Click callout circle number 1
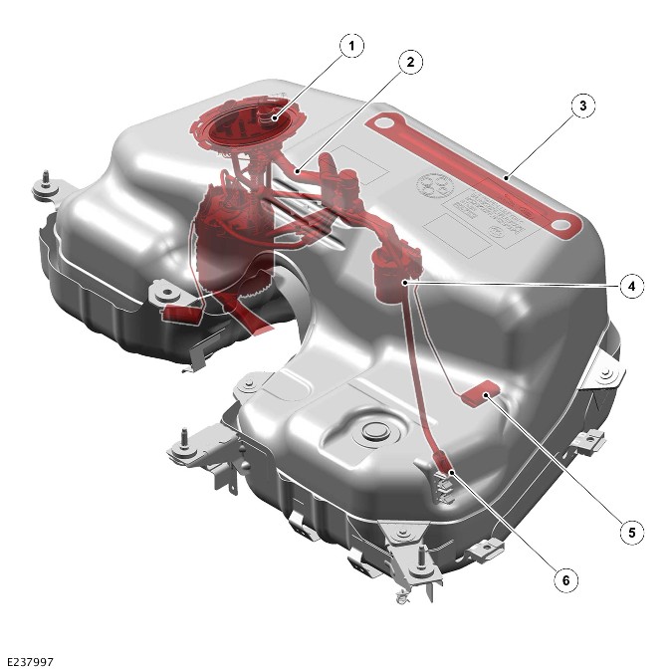(x=349, y=45)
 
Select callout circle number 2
(x=408, y=61)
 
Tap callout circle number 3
(x=583, y=105)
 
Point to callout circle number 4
(x=629, y=286)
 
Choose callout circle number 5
(x=629, y=532)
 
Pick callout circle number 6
(x=565, y=577)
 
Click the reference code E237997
(x=30, y=660)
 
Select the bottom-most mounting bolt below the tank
(x=403, y=598)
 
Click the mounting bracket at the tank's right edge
(x=603, y=371)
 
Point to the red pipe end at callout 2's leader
(x=297, y=172)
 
